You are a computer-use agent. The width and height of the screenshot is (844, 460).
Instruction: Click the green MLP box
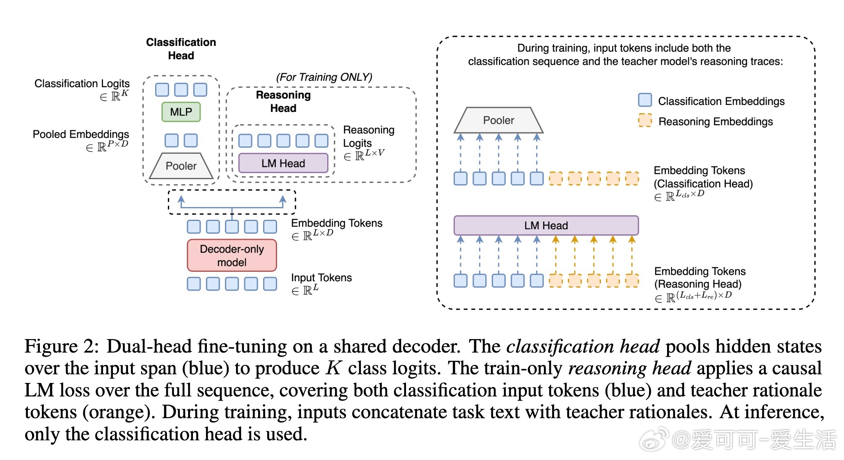click(181, 112)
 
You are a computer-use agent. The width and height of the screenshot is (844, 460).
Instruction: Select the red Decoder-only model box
click(232, 255)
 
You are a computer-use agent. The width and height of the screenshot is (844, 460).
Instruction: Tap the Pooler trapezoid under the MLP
click(181, 166)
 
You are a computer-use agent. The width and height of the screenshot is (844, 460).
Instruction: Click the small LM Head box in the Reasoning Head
click(283, 163)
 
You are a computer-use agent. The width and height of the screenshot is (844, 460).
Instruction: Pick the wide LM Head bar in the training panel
click(546, 225)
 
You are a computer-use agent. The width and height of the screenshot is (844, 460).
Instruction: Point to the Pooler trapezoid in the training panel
click(499, 120)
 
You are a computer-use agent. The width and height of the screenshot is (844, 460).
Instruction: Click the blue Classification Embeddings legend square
click(645, 100)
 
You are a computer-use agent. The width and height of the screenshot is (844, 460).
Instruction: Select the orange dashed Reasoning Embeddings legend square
click(645, 121)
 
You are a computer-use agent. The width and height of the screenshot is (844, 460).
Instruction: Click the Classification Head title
click(181, 49)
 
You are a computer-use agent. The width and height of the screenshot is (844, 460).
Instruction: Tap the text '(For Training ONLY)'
click(324, 77)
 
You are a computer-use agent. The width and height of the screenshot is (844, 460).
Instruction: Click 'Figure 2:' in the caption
click(62, 346)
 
